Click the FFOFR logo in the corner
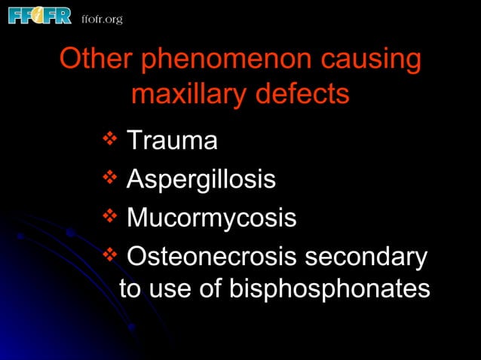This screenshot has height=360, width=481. click(x=40, y=15)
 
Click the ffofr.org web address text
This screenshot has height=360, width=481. click(x=102, y=18)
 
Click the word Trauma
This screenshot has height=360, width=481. click(x=172, y=140)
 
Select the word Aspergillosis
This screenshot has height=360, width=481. click(x=201, y=181)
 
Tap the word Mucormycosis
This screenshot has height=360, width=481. click(x=211, y=219)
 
